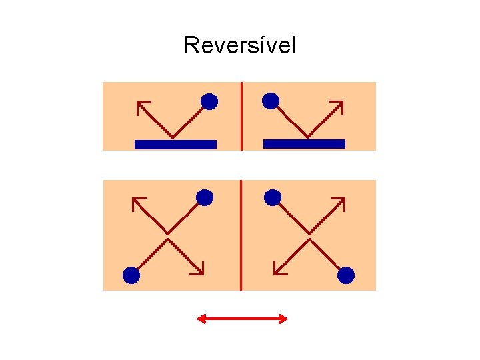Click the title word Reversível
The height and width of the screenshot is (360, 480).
point(239,45)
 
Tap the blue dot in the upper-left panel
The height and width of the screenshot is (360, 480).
point(209,101)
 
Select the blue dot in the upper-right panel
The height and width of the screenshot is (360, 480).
point(271,101)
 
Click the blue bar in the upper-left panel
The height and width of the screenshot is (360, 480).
point(175,144)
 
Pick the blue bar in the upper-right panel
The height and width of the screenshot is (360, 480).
point(304,143)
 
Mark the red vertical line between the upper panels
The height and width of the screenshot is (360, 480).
point(241,115)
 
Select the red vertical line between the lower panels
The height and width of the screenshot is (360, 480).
point(241,235)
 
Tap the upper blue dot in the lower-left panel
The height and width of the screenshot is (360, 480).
point(205,197)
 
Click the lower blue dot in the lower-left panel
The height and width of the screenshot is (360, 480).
point(131,275)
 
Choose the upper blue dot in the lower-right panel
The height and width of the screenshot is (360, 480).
point(273,197)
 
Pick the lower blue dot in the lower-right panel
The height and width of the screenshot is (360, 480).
point(345,275)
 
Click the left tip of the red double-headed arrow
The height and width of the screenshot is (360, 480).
point(198,319)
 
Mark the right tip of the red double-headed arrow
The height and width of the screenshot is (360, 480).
point(287,319)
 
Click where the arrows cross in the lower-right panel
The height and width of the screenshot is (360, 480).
point(309,235)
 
